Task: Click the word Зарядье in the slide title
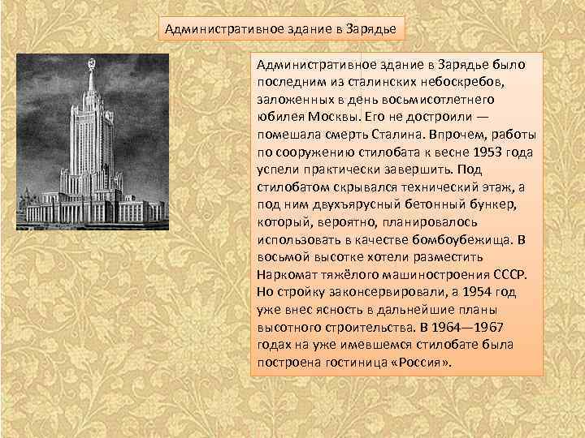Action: pyautogui.click(x=371, y=30)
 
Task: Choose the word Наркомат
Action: pyautogui.click(x=288, y=274)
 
